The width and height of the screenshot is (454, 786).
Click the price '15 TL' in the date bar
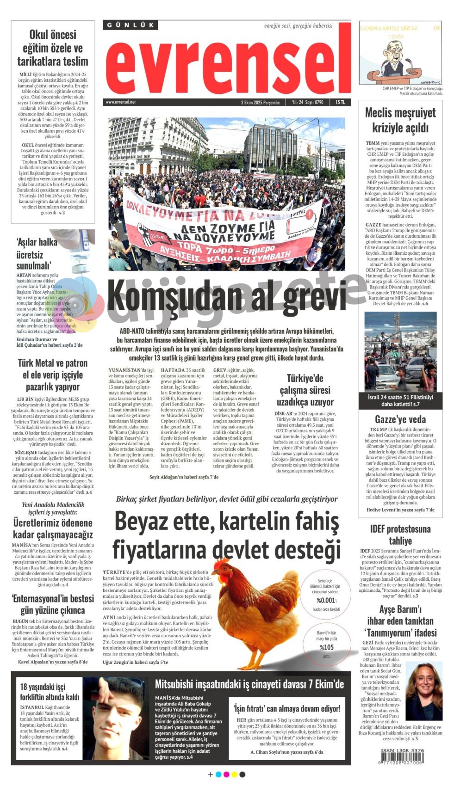pos(340,102)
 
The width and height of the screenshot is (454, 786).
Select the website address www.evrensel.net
pos(121,102)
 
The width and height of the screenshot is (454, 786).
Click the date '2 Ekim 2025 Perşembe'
pos(260,102)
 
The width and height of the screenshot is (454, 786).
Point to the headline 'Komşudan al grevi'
pos(227,298)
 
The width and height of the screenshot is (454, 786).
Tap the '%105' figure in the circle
pos(326,647)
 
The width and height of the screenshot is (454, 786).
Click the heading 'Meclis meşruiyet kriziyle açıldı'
pos(400,120)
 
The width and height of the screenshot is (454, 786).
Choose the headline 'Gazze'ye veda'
pos(400,419)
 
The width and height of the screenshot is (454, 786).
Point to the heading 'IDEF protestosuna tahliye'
pos(400,534)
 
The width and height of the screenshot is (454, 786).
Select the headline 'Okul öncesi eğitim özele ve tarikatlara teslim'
pos(53,48)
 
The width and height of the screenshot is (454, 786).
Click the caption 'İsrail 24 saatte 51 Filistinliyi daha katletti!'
pos(400,400)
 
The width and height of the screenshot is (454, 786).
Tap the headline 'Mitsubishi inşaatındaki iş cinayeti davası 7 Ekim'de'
pos(249,684)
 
